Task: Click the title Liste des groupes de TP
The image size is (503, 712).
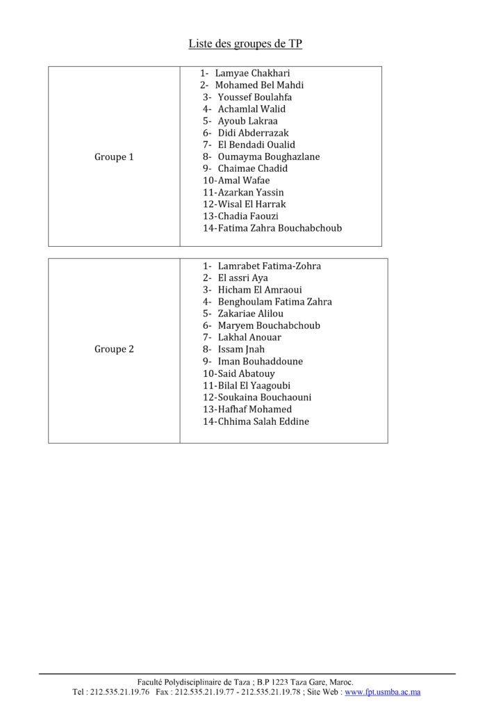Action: (x=245, y=44)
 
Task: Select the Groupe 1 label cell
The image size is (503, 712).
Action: (x=114, y=157)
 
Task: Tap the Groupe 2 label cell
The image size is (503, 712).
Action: (x=114, y=349)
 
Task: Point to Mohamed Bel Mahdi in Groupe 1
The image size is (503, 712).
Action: (x=259, y=85)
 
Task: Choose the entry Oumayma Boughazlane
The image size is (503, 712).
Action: (x=268, y=156)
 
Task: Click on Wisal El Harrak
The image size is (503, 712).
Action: (x=251, y=204)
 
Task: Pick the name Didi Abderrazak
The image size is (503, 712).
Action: (x=253, y=133)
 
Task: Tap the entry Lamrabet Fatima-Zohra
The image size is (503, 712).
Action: (x=269, y=266)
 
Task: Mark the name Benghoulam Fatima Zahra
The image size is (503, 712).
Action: (x=274, y=302)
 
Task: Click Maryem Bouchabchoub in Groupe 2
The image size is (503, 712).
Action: (x=269, y=325)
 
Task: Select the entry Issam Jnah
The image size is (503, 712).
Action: (x=241, y=349)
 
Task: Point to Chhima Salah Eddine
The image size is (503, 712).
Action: (x=263, y=421)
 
